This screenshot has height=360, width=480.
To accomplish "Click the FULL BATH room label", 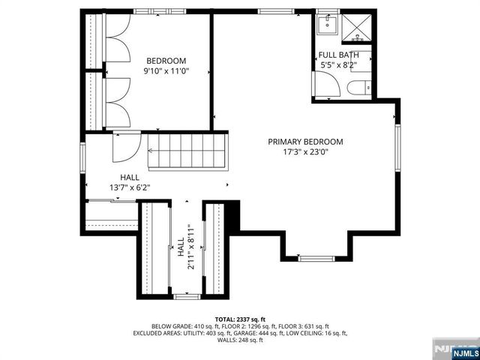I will (338, 55).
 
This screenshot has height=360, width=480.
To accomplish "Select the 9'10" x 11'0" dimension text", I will (166, 71).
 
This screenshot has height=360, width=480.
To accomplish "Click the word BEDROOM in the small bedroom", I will (166, 61).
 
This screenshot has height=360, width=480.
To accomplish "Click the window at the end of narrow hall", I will (184, 297).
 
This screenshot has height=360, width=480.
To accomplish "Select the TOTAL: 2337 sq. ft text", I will (240, 319).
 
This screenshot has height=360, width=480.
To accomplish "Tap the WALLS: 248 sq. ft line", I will (240, 340).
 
